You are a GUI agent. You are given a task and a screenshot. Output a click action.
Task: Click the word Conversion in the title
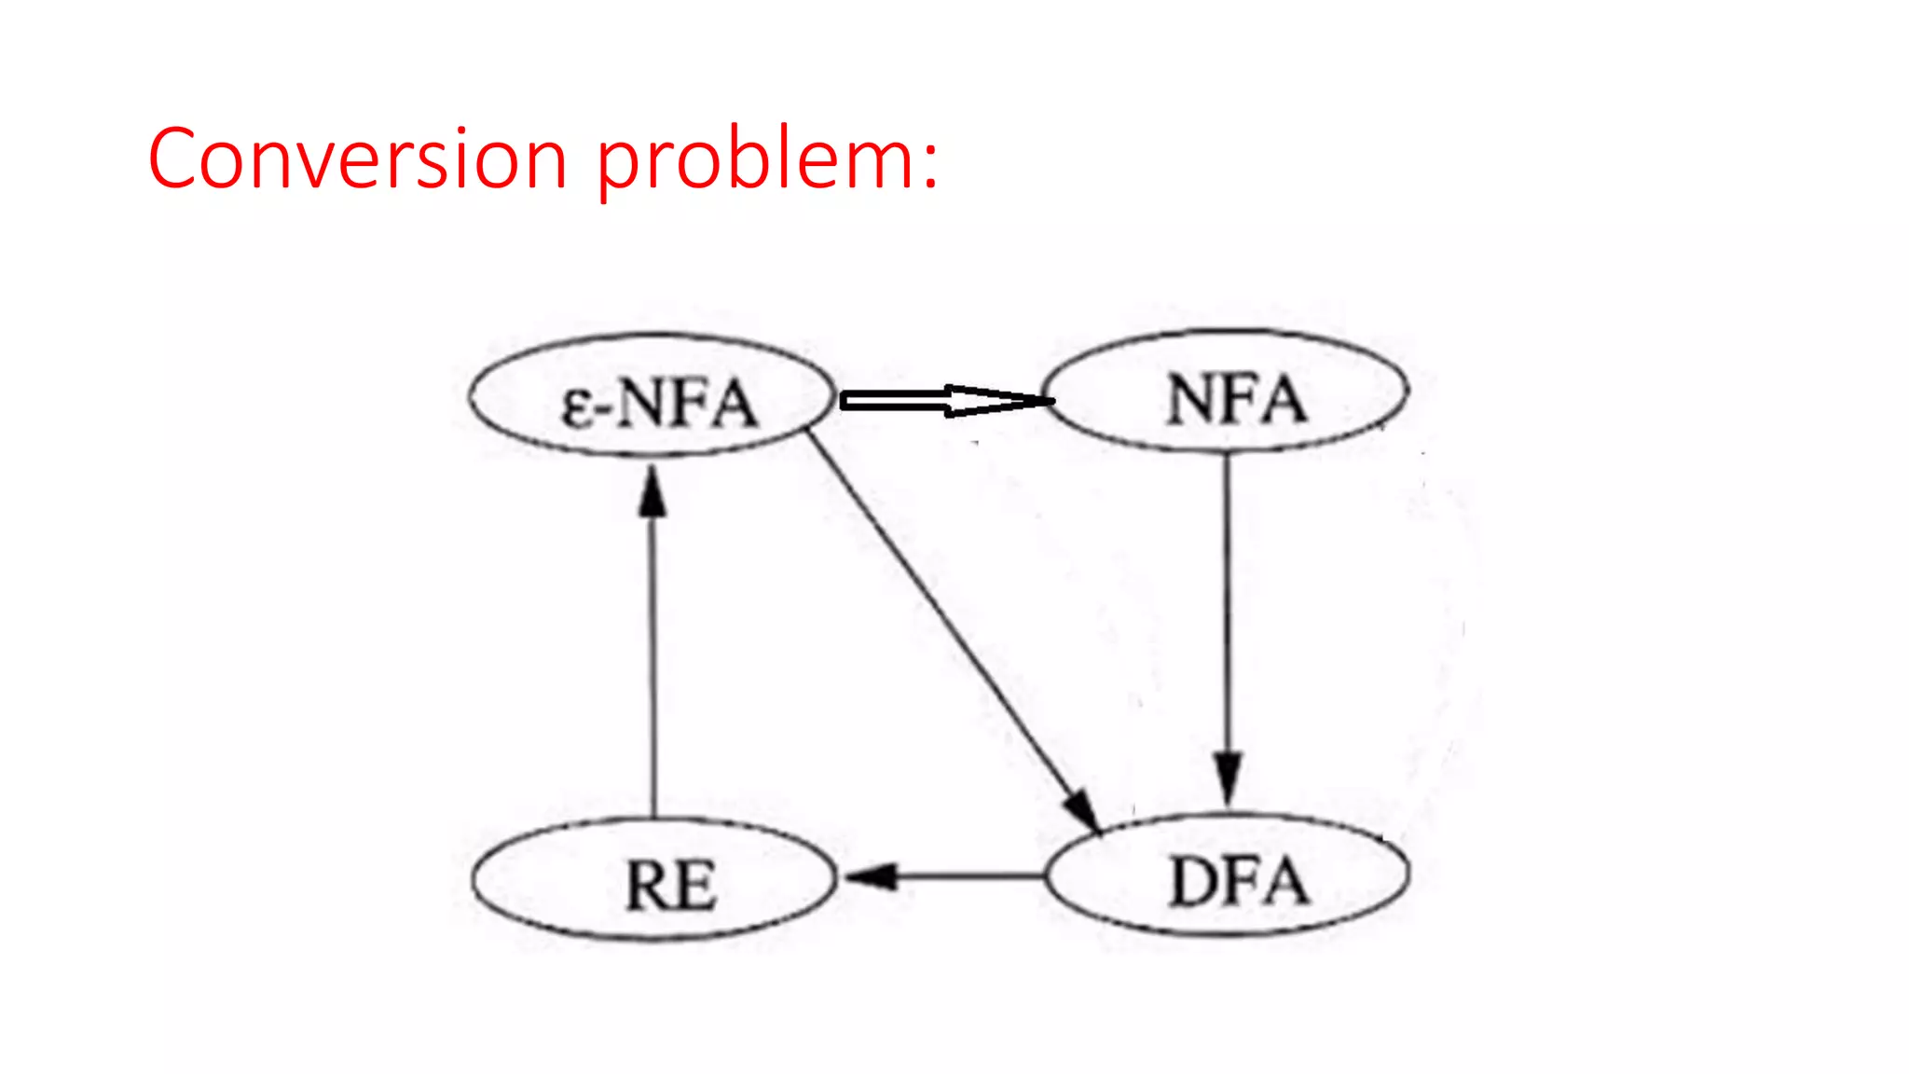(x=357, y=158)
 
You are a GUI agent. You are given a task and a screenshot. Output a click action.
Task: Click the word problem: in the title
(x=766, y=160)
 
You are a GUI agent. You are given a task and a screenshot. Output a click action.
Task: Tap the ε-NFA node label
(x=658, y=403)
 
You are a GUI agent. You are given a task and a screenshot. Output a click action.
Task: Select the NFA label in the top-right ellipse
(x=1236, y=400)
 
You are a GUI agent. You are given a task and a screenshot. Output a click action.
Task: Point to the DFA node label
(x=1239, y=881)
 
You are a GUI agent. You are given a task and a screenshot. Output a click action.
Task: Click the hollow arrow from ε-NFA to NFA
(x=932, y=401)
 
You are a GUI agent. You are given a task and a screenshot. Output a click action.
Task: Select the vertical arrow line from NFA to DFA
(x=1227, y=606)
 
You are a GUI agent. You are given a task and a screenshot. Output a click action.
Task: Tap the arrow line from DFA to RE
(x=969, y=876)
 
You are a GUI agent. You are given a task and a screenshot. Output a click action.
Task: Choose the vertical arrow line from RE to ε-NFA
(x=652, y=662)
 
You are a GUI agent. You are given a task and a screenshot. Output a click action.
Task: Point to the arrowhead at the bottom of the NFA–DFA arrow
(x=1228, y=778)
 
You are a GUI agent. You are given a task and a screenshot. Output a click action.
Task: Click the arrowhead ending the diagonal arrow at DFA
(x=1084, y=808)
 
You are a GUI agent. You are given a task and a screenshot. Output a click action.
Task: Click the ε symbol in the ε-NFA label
(x=577, y=407)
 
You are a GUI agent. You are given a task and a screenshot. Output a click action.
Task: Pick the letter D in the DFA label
(x=1194, y=882)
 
